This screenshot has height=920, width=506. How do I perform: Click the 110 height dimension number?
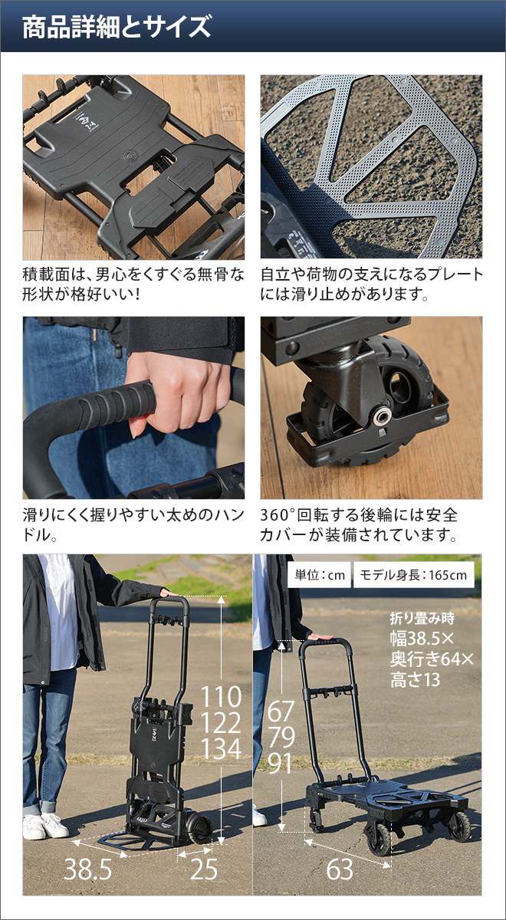pos(221,698)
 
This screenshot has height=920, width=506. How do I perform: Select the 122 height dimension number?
pos(221,724)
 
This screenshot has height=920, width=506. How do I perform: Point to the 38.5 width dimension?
pos(87,869)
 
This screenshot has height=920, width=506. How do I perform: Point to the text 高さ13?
pos(414,678)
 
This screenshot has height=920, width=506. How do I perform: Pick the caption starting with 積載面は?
pos(133,284)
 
